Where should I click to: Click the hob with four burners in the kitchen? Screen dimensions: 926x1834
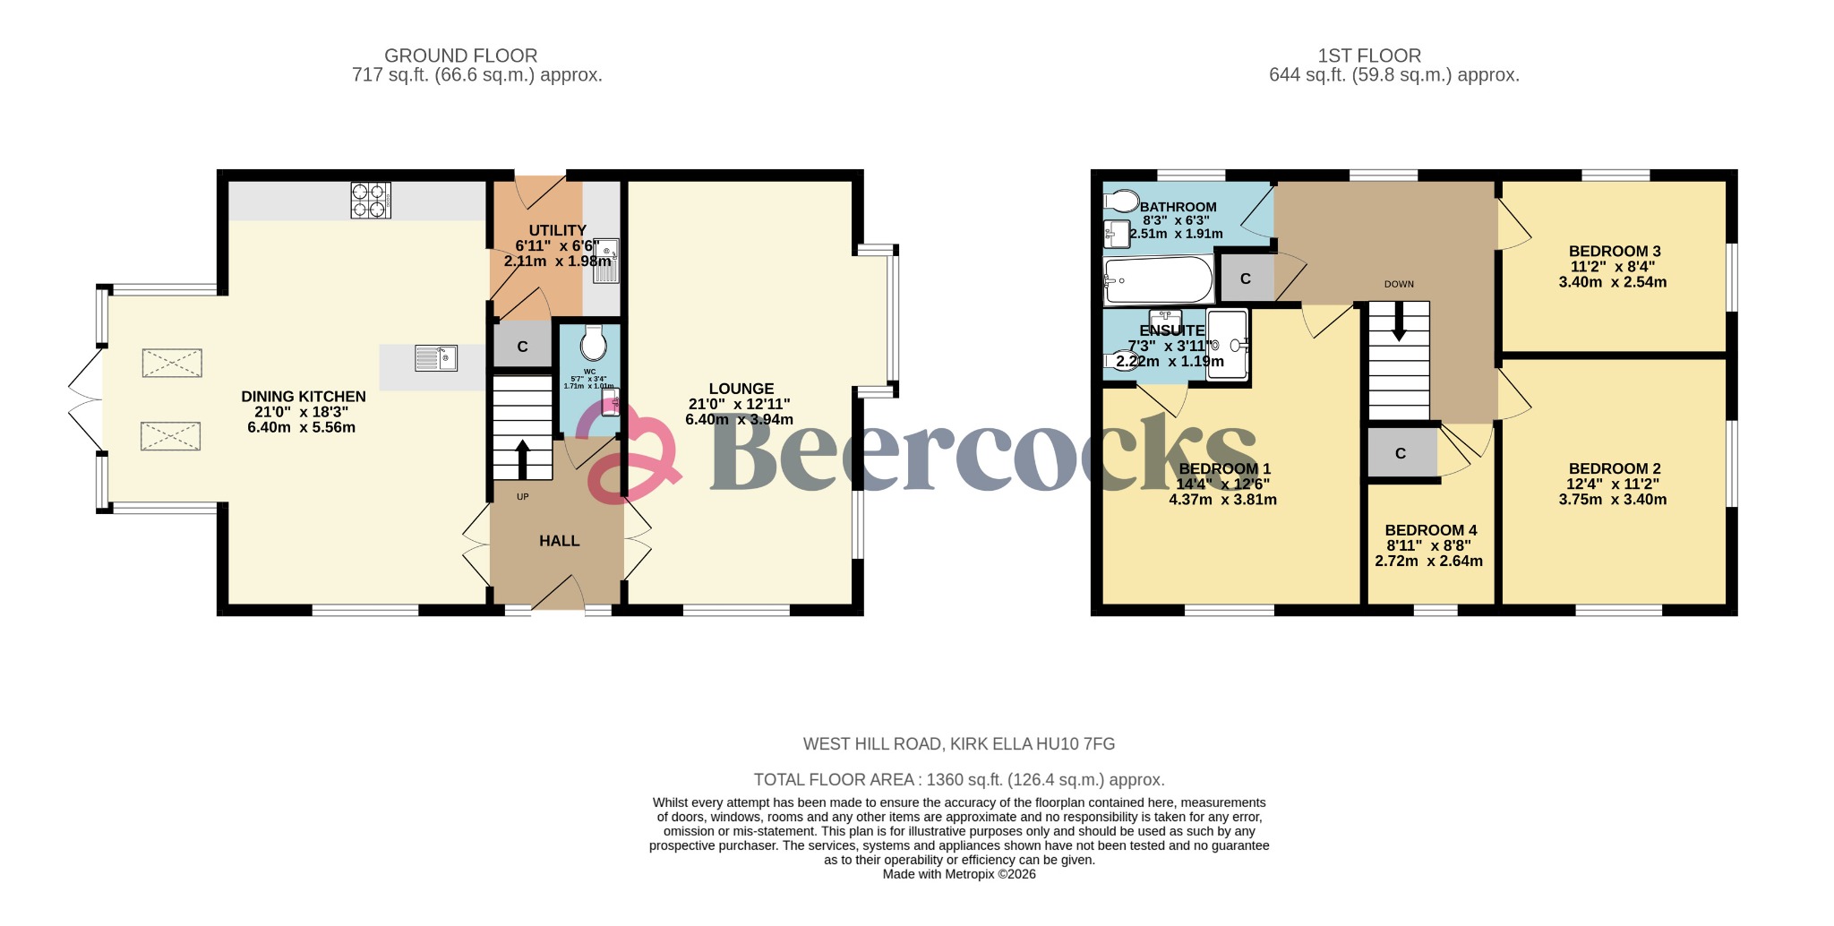click(371, 201)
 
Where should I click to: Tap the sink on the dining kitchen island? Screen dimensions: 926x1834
click(436, 359)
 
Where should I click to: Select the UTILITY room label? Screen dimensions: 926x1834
click(557, 231)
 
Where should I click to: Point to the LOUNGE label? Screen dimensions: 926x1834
click(741, 389)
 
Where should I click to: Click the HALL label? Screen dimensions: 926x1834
click(559, 541)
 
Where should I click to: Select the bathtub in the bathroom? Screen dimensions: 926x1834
click(1158, 280)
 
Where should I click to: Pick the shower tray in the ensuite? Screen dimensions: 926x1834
click(1227, 345)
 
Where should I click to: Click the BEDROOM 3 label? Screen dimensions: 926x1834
click(1615, 252)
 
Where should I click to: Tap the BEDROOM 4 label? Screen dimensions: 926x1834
click(1430, 530)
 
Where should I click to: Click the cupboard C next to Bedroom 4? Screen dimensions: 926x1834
click(1401, 454)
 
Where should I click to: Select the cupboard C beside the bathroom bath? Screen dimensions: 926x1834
click(1245, 279)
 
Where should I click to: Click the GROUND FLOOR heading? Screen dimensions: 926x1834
click(460, 56)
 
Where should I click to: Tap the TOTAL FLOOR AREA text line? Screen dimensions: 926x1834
click(958, 780)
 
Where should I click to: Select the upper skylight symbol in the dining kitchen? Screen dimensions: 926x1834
click(172, 364)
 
